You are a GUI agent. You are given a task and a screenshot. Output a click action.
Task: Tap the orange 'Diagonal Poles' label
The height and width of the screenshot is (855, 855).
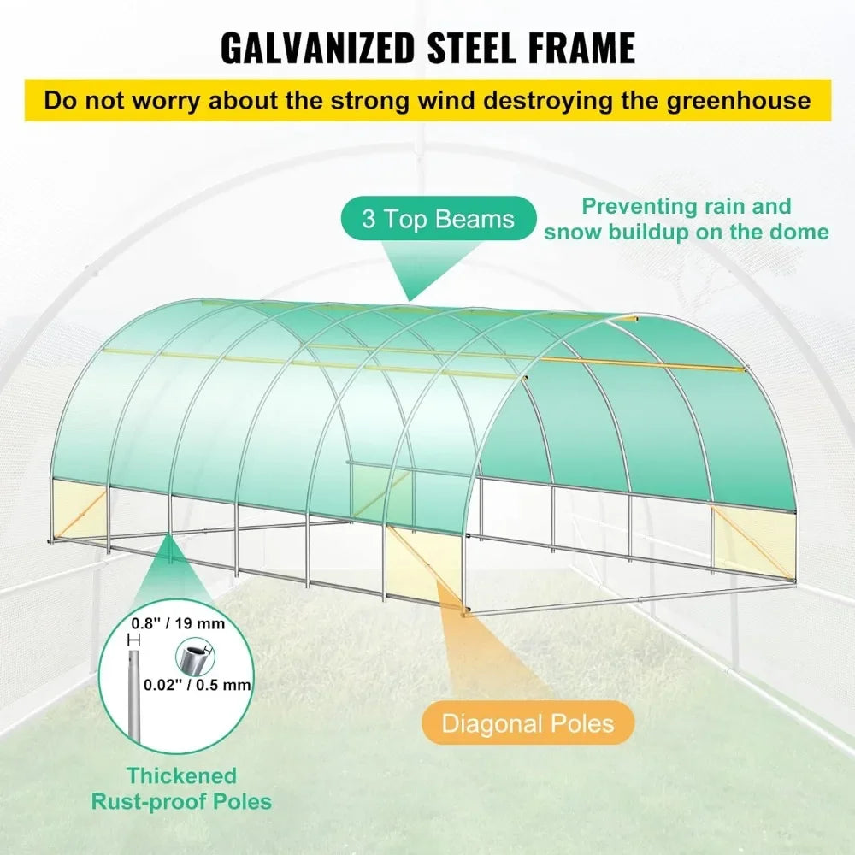528,724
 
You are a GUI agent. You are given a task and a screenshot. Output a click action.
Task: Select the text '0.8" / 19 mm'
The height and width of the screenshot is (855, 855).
180,623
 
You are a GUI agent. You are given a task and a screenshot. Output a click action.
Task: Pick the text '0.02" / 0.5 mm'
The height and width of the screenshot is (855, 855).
197,684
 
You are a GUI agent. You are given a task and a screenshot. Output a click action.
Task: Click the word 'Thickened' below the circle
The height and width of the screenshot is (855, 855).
182,775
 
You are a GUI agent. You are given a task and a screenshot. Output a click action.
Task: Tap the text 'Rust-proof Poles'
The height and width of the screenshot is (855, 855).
182,802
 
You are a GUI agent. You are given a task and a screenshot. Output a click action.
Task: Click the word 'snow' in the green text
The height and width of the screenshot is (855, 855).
571,232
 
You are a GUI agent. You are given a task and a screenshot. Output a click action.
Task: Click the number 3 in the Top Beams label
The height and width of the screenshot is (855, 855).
369,219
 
